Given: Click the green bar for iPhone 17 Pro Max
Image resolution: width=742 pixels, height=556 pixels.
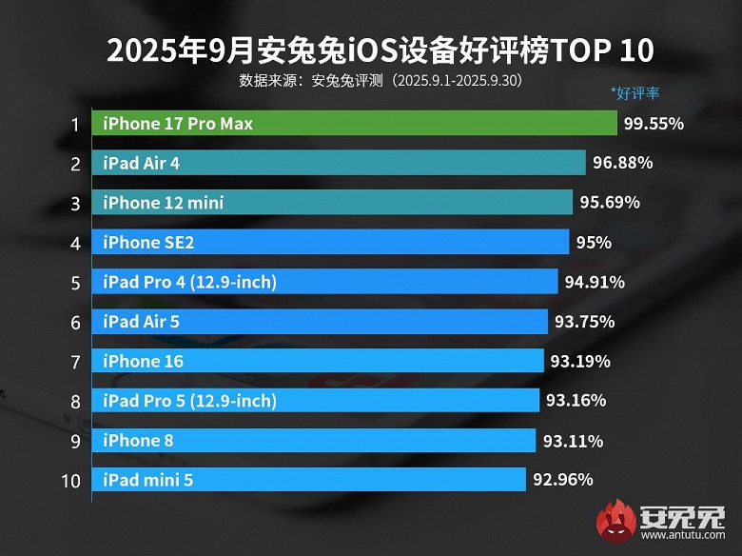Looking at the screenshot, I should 354,124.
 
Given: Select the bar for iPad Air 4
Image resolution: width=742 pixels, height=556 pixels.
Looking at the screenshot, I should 339,163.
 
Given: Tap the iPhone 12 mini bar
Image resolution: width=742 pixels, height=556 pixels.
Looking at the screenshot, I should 332,203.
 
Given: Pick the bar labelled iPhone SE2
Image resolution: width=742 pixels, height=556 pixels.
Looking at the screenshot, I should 330,242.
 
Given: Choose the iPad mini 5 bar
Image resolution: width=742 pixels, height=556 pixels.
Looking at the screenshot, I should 308,480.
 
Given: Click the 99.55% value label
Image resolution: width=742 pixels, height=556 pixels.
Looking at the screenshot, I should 654,124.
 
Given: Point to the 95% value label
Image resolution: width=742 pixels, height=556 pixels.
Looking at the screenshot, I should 593,242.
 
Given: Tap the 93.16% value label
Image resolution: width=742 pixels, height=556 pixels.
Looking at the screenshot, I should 576,401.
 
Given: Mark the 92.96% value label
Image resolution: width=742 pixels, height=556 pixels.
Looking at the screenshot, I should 563,480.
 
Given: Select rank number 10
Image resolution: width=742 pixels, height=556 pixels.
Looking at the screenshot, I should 71,481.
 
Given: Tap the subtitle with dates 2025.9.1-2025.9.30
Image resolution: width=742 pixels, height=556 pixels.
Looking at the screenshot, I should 381,80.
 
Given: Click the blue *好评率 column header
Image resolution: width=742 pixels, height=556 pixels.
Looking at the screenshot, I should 635,94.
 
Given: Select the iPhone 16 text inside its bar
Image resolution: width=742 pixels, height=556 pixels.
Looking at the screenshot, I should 144,361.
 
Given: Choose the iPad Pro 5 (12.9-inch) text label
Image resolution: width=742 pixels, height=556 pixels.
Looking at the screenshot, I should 190,401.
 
